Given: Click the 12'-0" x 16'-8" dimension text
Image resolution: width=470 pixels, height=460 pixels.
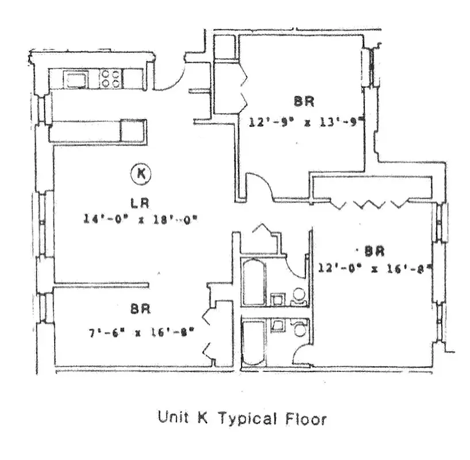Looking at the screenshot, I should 375,267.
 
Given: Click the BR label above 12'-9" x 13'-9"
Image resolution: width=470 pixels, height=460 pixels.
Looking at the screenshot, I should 304,102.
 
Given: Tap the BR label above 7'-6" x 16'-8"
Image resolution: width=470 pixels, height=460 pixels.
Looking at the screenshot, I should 140,309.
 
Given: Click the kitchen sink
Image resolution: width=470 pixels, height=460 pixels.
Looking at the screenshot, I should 75,79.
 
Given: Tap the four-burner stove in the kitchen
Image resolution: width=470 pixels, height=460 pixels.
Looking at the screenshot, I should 110,79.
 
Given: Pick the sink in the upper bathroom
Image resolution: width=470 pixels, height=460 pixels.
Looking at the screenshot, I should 278,299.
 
